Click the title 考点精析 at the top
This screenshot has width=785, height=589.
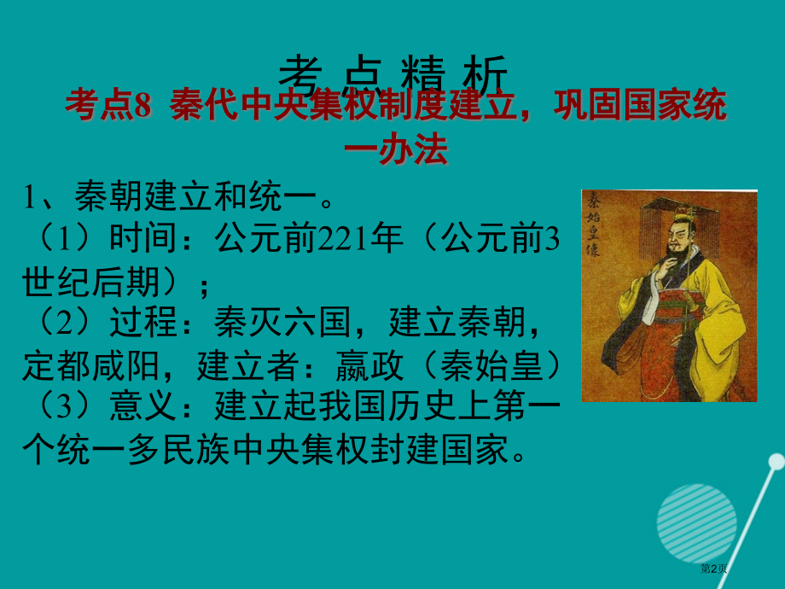[394, 75]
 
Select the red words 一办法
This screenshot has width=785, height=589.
[394, 150]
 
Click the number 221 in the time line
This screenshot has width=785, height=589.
[338, 241]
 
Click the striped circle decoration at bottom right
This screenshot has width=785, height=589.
[697, 521]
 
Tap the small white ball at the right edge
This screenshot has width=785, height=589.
[775, 462]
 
